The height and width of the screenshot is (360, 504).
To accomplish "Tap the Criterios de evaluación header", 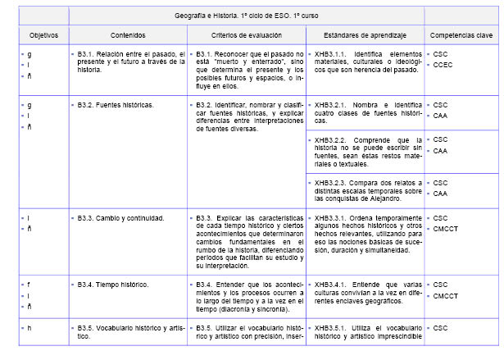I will pyautogui.click(x=246, y=36).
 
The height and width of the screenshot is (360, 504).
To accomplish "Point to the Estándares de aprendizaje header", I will pyautogui.click(x=364, y=36).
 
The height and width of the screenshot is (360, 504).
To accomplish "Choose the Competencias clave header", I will pyautogui.click(x=461, y=36).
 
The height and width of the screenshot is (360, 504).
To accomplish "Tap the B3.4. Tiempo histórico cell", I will pyautogui.click(x=113, y=284).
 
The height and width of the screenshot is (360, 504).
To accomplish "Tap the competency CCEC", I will pyautogui.click(x=443, y=65).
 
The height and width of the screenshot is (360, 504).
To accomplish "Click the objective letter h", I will pyautogui.click(x=30, y=328).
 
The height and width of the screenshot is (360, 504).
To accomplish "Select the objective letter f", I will pyautogui.click(x=30, y=284).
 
